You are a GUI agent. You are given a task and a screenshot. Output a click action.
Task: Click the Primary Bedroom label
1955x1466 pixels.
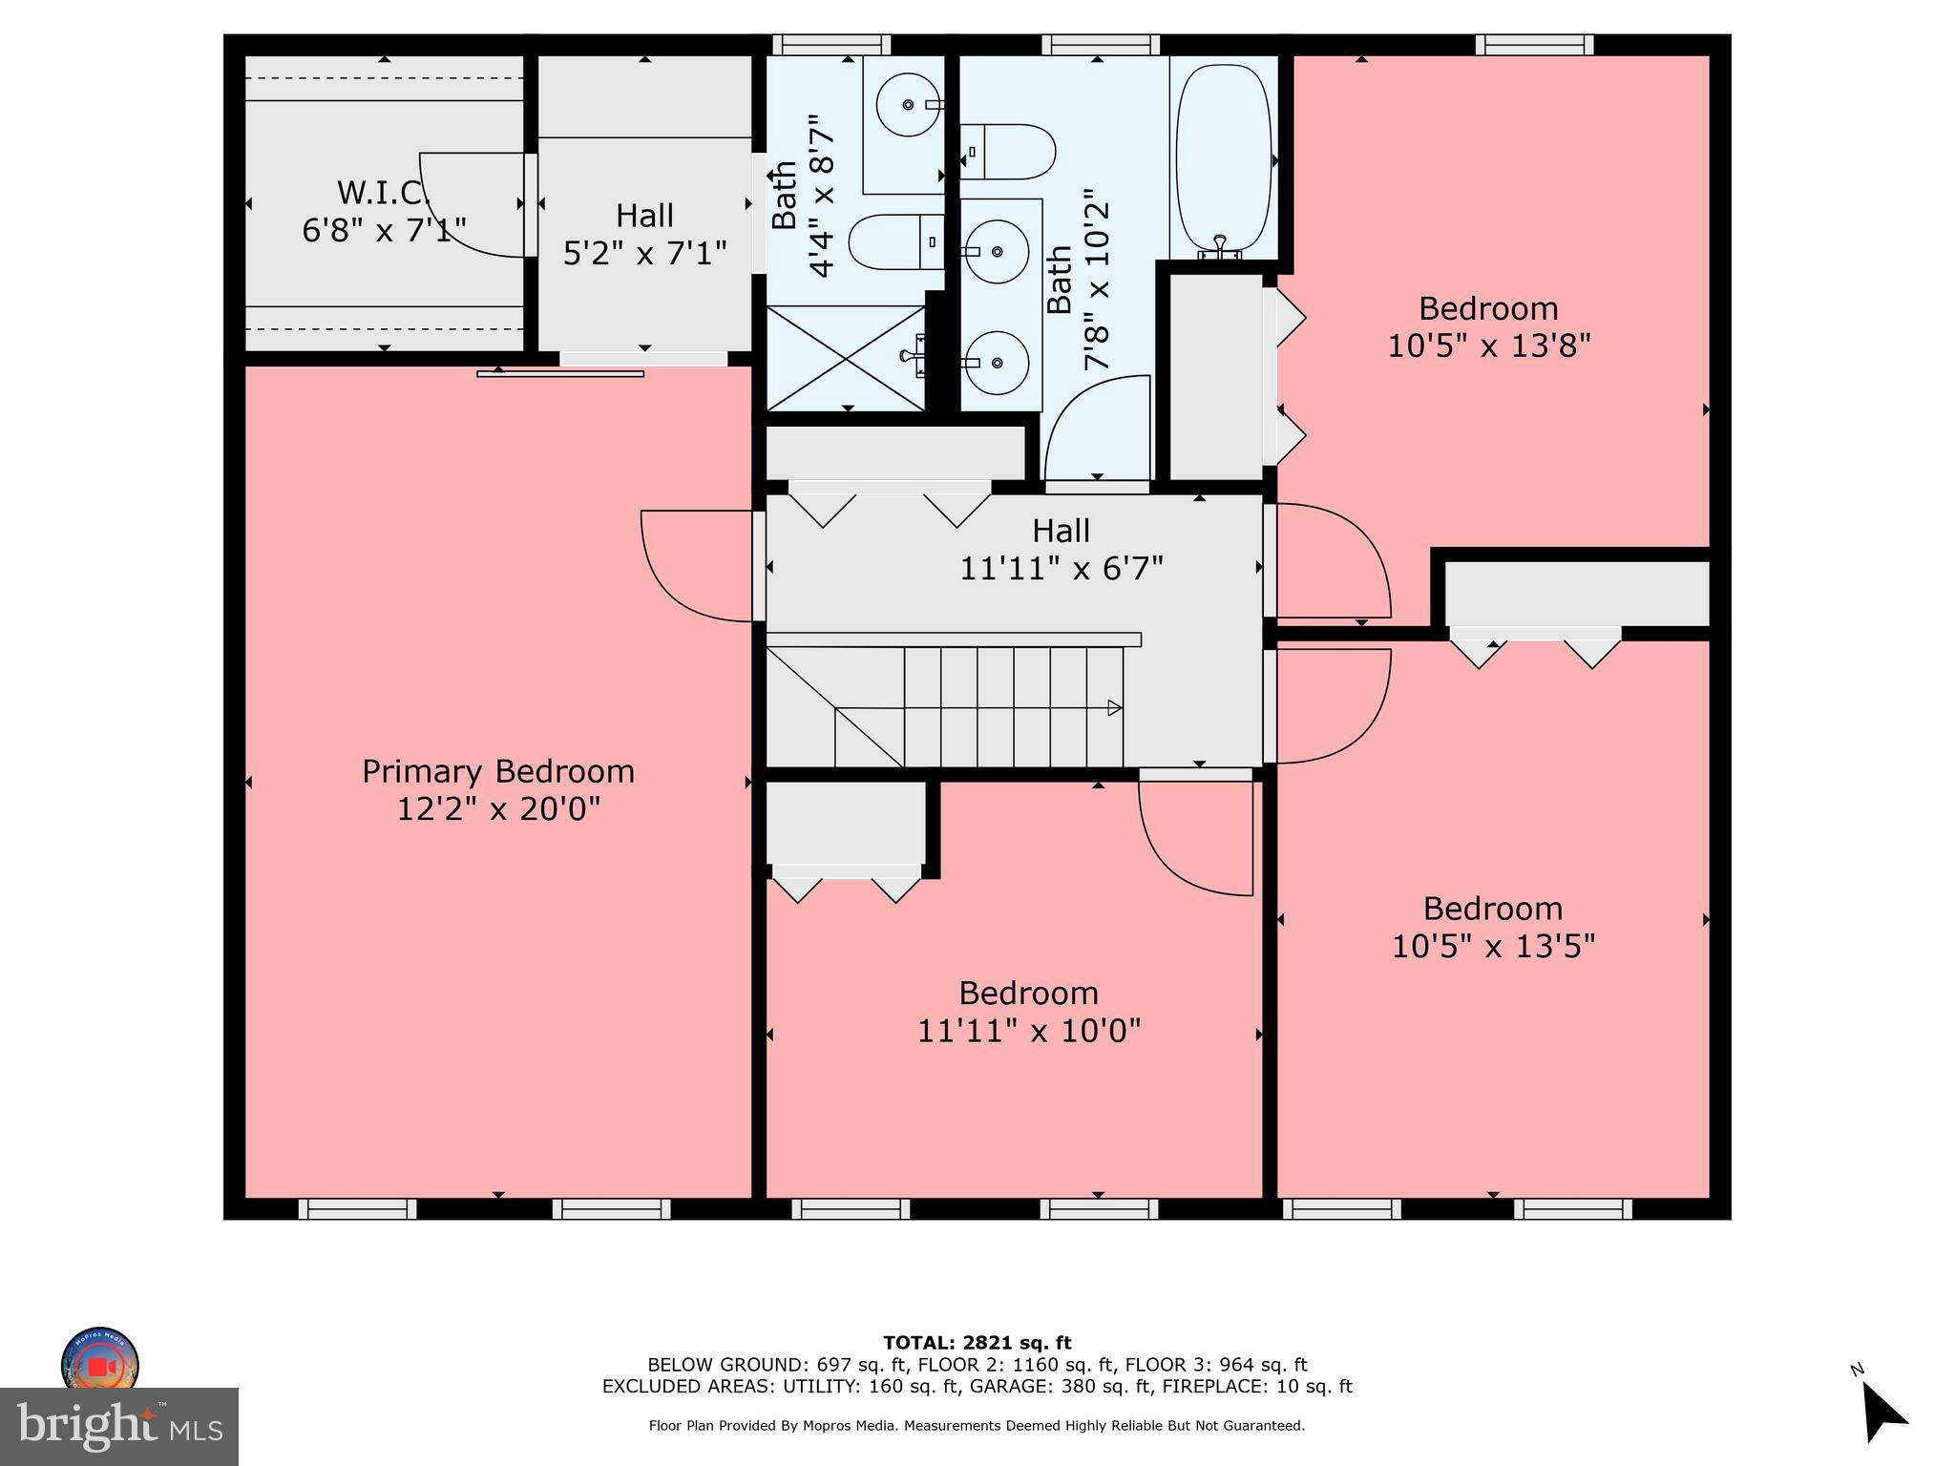(497, 771)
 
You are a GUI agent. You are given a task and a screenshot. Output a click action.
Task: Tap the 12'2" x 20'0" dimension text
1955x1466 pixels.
(497, 809)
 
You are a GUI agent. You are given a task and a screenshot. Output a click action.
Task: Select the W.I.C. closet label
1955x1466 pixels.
(382, 193)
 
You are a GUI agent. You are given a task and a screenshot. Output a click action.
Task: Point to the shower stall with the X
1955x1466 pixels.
(846, 358)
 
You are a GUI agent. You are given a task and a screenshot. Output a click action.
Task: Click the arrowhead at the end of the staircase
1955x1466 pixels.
(1114, 708)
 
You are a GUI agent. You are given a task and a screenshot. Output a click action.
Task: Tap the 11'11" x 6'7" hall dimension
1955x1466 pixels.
(1061, 569)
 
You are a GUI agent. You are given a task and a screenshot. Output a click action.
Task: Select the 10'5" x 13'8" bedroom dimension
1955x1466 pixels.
(1488, 346)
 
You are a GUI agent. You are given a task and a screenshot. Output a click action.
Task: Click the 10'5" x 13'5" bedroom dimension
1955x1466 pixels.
(1493, 946)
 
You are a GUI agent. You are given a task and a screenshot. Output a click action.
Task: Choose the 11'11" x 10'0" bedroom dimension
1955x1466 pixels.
(1028, 1031)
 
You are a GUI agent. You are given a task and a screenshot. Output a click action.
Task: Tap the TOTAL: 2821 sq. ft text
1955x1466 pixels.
(977, 1343)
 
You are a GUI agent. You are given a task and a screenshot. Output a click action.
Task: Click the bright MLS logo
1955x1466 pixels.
(119, 1426)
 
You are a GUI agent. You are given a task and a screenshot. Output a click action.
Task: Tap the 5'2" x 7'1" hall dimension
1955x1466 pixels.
(644, 253)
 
